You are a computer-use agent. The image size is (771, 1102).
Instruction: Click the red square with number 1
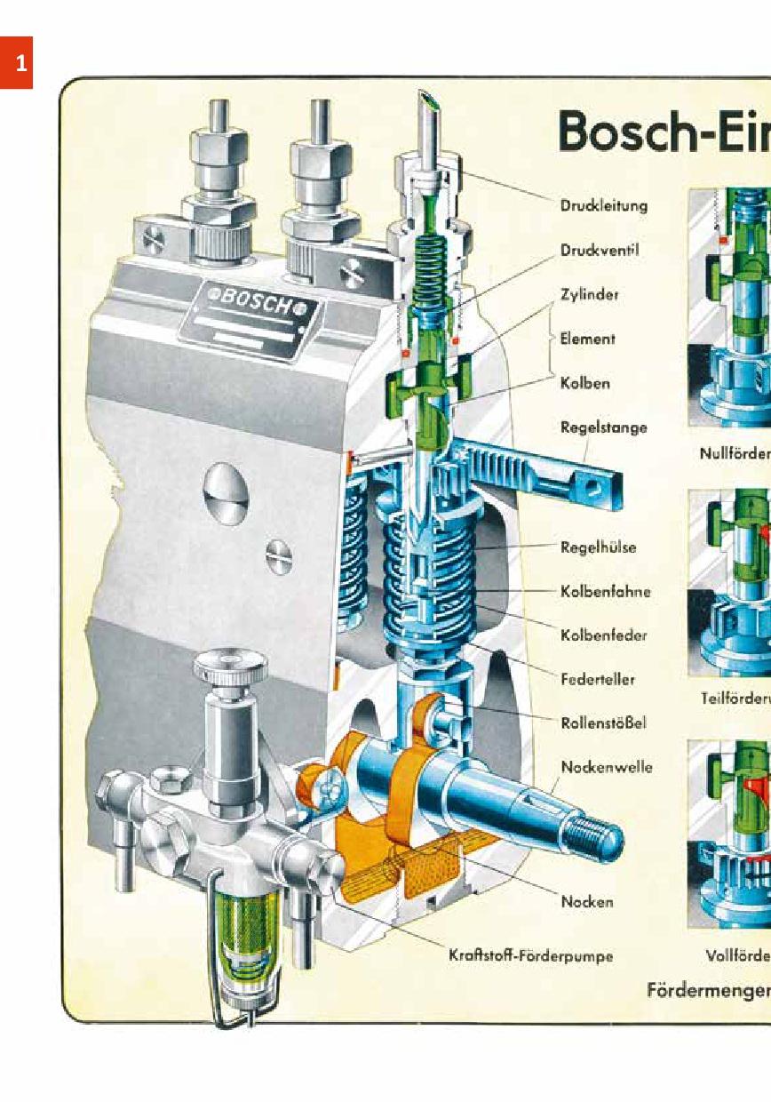[x=16, y=62]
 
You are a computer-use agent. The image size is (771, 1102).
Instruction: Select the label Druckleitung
[x=603, y=205]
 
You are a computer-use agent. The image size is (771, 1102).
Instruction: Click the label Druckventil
[x=600, y=250]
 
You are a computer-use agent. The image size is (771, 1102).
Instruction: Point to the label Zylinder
[x=589, y=294]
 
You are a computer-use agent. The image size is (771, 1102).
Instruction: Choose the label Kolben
[x=584, y=383]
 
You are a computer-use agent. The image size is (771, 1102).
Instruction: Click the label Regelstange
[x=603, y=427]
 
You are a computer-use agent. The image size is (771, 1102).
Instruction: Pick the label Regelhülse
[x=598, y=547]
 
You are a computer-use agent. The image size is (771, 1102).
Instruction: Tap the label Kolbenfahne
[x=605, y=591]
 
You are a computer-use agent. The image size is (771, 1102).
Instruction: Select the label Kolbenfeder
[x=603, y=635]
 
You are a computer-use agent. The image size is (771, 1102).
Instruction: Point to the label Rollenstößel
[x=603, y=723]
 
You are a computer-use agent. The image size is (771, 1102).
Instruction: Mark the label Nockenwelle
[x=606, y=767]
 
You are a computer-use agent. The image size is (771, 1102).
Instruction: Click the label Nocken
[x=586, y=902]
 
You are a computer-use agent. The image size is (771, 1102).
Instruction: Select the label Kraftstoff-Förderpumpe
[x=530, y=957]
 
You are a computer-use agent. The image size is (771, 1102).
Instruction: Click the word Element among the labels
[x=587, y=339]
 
